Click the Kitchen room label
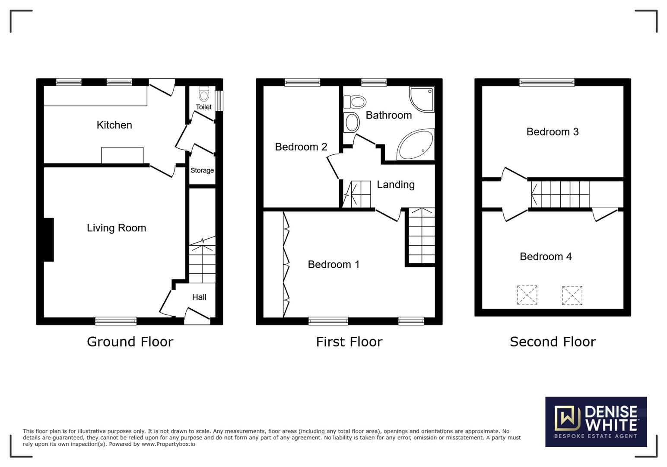click(114, 125)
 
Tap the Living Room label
click(116, 228)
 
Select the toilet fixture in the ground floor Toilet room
click(203, 94)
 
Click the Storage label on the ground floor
click(202, 170)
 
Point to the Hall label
click(199, 297)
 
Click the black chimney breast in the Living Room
click(48, 240)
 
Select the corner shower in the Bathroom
click(422, 99)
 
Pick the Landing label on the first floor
click(396, 185)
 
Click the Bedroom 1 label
click(333, 264)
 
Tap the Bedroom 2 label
click(301, 147)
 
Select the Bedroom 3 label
click(553, 132)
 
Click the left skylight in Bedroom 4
click(527, 295)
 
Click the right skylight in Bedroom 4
click(572, 295)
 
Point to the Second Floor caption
click(553, 342)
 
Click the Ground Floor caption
click(130, 342)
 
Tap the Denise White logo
click(596, 422)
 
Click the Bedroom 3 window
click(547, 82)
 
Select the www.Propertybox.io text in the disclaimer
click(168, 444)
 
